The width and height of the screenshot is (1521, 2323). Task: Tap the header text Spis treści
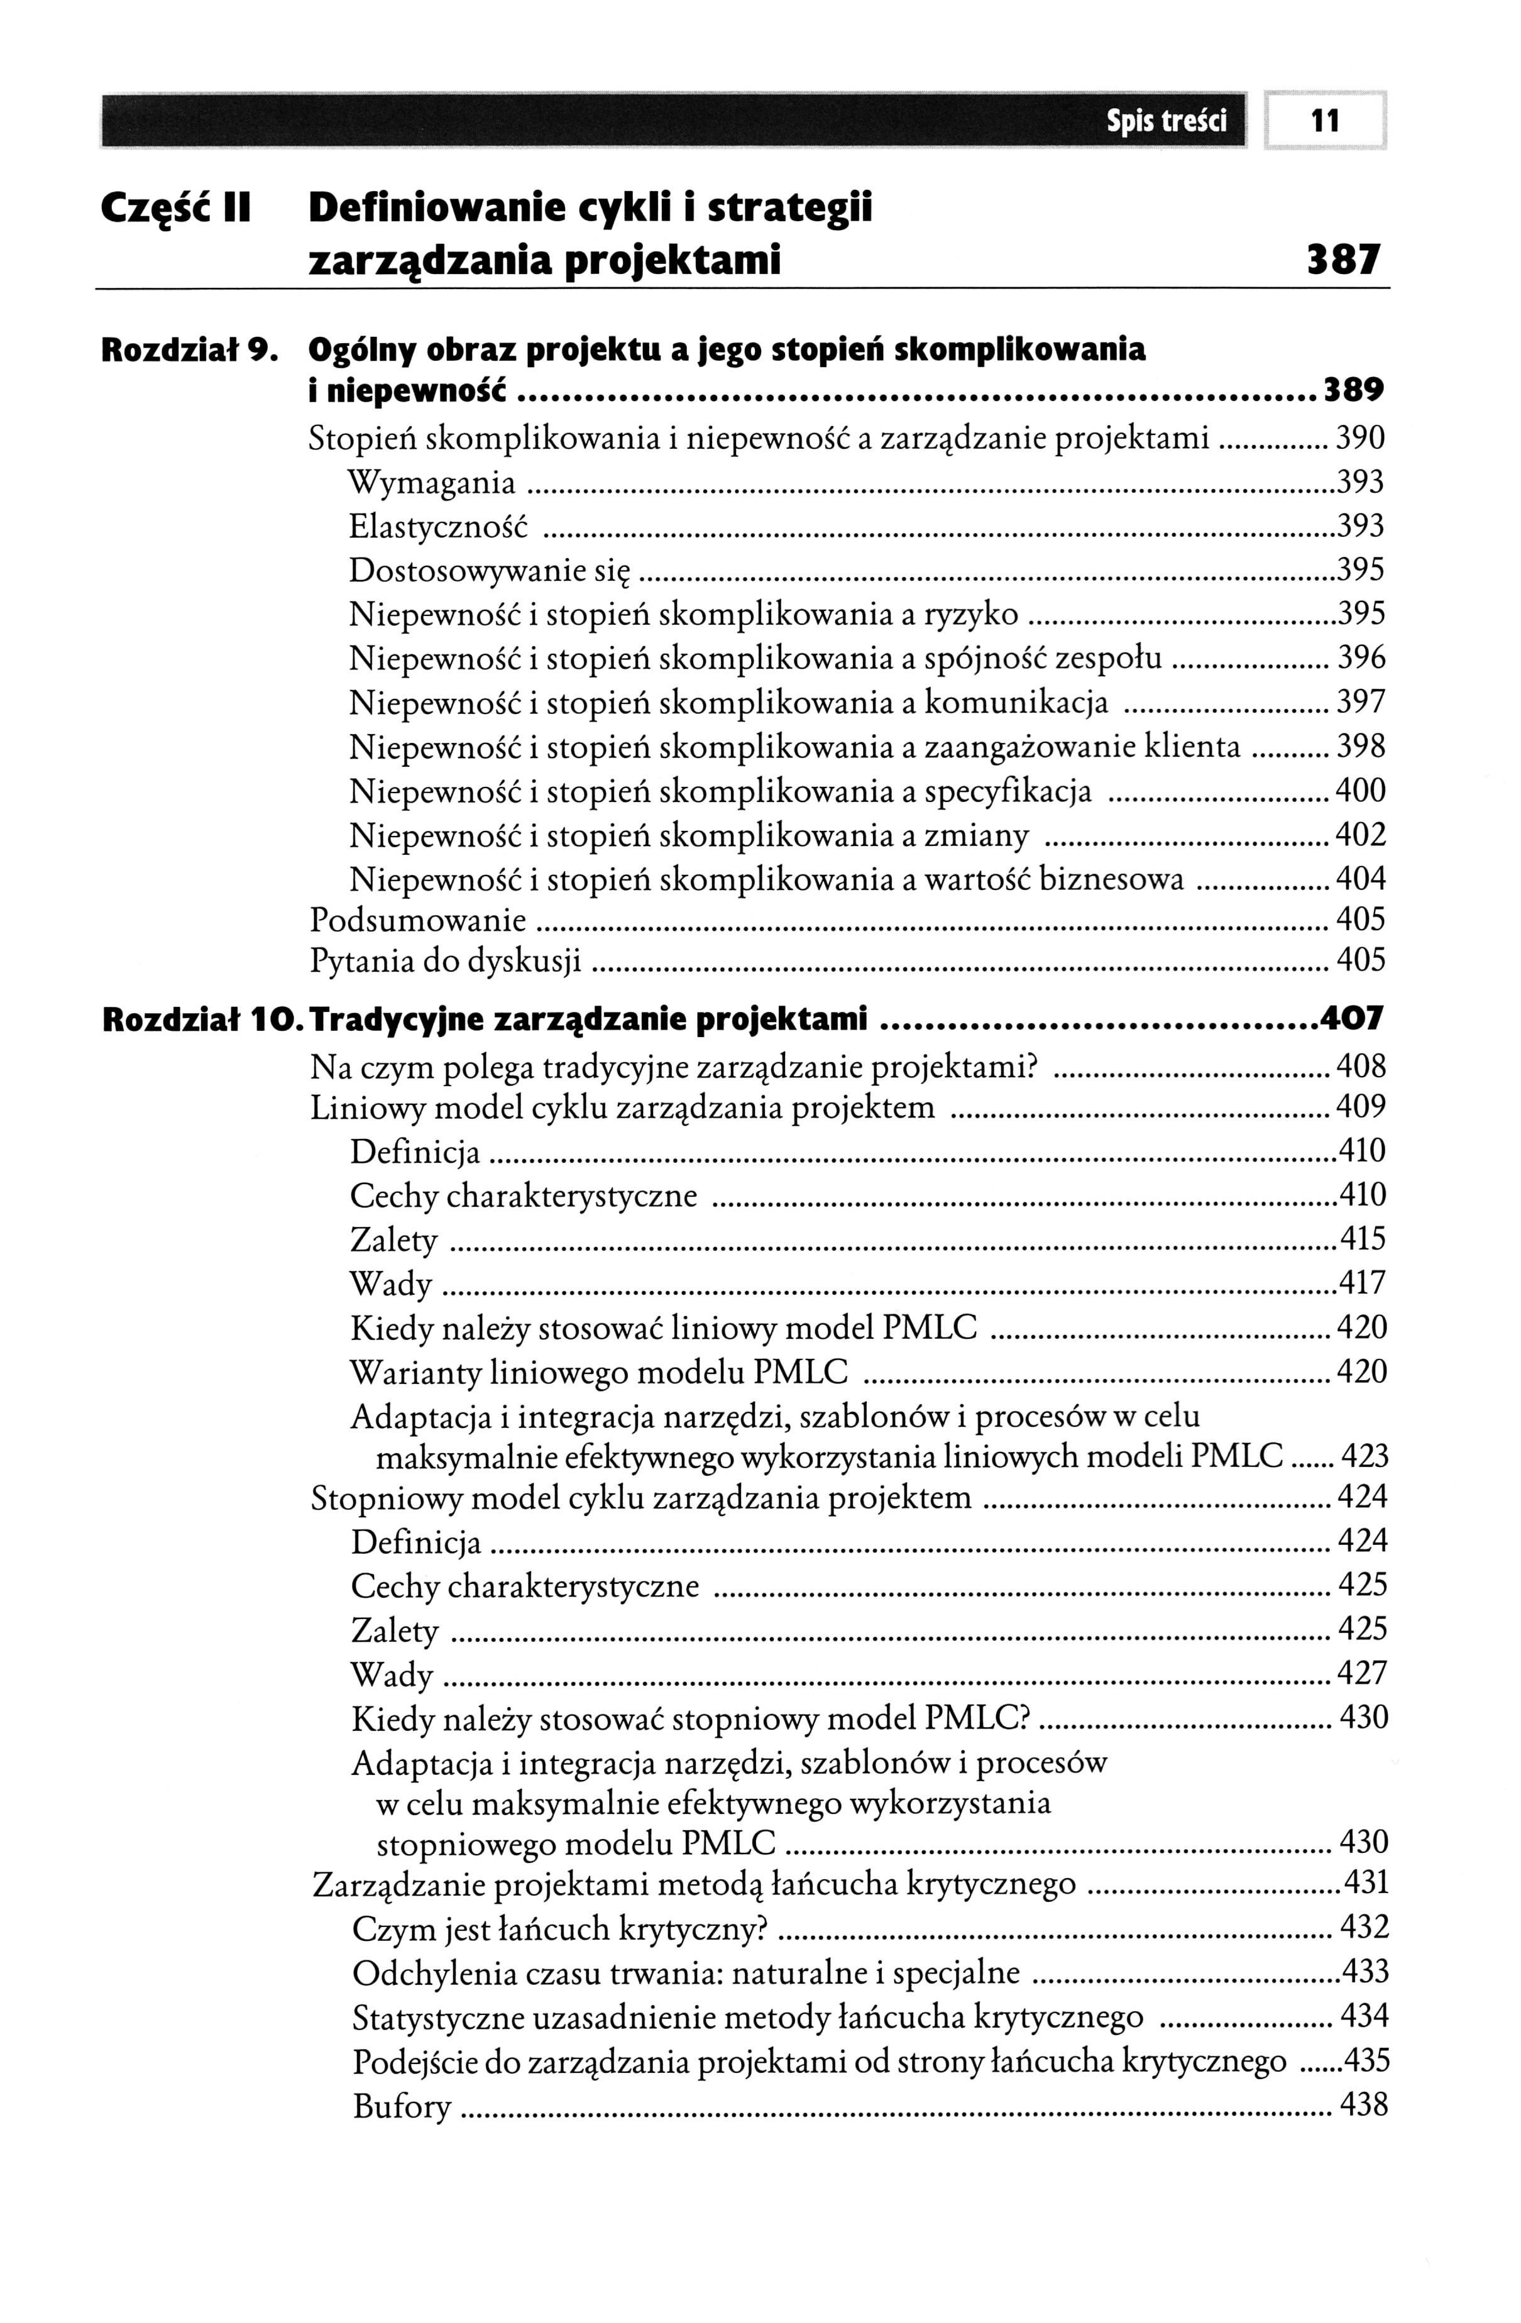[x=1166, y=122]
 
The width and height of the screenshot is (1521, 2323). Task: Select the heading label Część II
[x=177, y=209]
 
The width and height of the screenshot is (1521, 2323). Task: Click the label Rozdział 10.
[x=199, y=1020]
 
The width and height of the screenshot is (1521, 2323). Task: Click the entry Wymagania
[x=432, y=483]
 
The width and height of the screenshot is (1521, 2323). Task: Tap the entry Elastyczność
[x=438, y=527]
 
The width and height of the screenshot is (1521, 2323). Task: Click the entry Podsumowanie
[x=418, y=920]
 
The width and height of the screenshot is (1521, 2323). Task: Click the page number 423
[x=1365, y=1458]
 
